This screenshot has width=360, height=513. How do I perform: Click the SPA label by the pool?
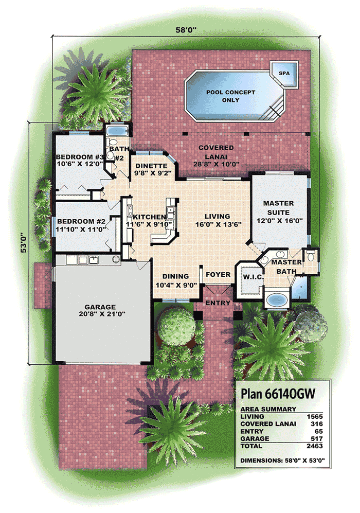pos(284,74)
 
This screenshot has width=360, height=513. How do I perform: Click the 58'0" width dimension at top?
pos(182,30)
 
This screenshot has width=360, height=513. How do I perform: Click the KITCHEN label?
pos(149,217)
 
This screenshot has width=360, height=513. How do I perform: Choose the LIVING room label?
pos(216,217)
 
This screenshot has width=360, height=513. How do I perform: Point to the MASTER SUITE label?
pos(279,207)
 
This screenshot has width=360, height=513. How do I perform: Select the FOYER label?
pos(218,275)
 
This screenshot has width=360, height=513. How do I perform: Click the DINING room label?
pos(175,276)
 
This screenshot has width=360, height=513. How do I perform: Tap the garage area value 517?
pos(317,438)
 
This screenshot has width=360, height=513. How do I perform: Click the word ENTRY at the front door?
pos(218,303)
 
